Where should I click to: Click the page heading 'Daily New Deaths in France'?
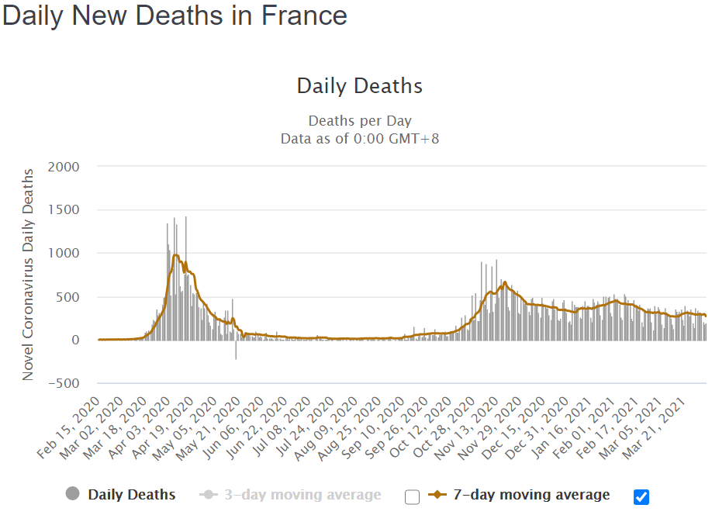coord(175,16)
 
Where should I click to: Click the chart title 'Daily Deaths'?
coord(360,85)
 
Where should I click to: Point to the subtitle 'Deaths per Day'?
coord(360,121)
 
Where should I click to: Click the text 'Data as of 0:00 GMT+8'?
coord(360,138)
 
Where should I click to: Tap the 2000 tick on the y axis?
coord(64,166)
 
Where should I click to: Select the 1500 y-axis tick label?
coord(64,209)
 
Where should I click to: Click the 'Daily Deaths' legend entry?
coord(131,495)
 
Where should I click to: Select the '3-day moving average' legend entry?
coord(302,495)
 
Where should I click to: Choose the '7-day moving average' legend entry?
coord(531,495)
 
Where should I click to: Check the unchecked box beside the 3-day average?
coord(412,497)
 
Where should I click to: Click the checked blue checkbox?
coord(641,497)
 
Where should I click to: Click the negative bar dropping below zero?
coord(236,350)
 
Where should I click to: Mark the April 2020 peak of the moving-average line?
coord(176,255)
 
